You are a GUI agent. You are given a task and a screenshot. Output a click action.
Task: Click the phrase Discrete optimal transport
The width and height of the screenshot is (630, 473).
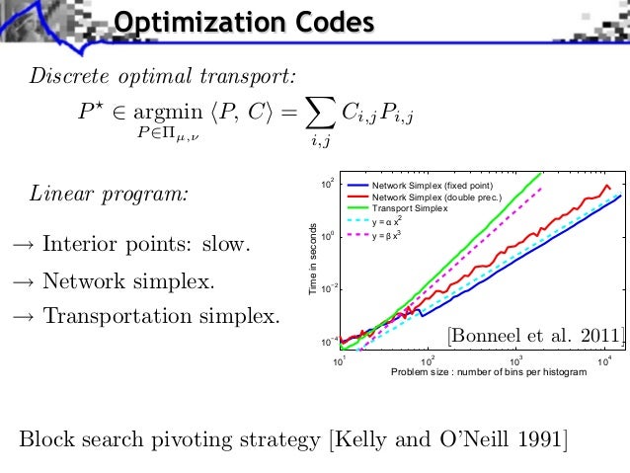(163, 76)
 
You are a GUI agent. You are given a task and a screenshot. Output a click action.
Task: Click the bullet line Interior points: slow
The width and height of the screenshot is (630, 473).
(132, 243)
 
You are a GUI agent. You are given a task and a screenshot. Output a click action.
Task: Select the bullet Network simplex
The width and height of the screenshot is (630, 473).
(115, 281)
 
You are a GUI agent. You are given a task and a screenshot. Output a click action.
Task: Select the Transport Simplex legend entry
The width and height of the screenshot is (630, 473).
(409, 208)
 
